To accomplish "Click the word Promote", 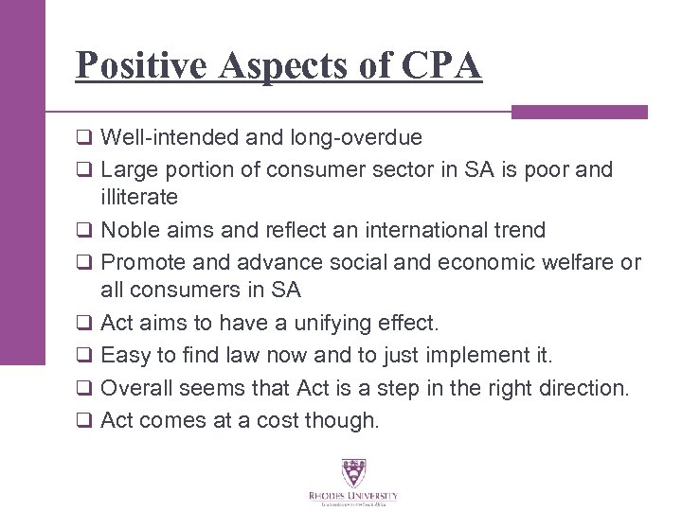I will pyautogui.click(x=138, y=262).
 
